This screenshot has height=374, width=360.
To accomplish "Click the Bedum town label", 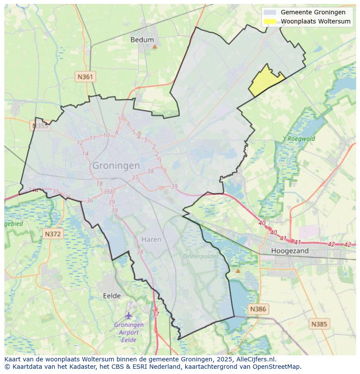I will click(142, 40).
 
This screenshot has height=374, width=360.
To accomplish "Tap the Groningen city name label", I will click(116, 165).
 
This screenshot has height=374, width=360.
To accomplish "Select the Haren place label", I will click(151, 239).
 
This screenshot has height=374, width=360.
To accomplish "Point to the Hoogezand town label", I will click(290, 251).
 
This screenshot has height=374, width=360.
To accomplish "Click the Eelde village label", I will click(112, 296).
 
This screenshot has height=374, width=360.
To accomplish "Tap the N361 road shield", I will click(85, 77).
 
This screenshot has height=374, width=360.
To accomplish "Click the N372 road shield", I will click(53, 234).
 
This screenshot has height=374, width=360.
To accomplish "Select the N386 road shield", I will click(258, 309).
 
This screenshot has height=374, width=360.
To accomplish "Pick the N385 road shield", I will click(320, 324).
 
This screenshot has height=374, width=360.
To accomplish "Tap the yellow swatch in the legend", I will click(270, 21).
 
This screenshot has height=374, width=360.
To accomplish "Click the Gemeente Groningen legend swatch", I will click(270, 12).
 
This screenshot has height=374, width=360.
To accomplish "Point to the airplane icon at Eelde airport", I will click(129, 315).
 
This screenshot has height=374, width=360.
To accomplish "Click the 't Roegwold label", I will click(299, 139).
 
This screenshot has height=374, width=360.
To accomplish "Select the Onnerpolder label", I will click(200, 256).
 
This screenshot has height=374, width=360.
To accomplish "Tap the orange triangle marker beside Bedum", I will click(154, 46).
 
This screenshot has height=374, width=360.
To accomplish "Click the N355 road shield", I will click(40, 126).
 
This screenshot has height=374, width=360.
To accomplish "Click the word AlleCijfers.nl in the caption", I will click(256, 359).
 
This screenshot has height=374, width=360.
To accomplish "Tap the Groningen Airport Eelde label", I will click(129, 332).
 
